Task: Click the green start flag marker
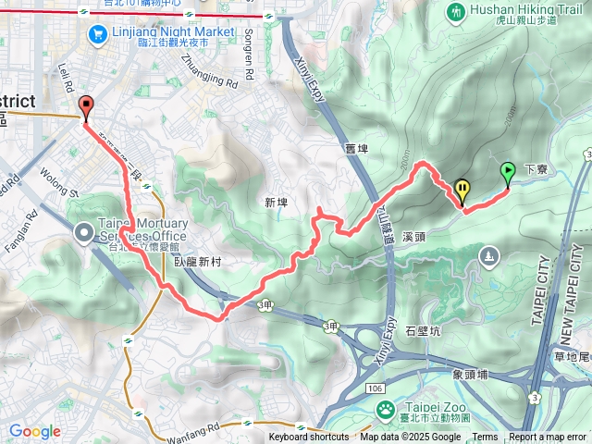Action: tap(507, 172)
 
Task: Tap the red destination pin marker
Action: tap(87, 107)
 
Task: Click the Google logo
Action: tap(34, 431)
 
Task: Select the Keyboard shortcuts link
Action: tap(308, 438)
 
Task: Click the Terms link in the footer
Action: tap(485, 438)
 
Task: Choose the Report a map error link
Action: tap(549, 438)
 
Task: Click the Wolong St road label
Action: tap(61, 181)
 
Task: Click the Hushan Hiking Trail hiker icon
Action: tap(454, 12)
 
